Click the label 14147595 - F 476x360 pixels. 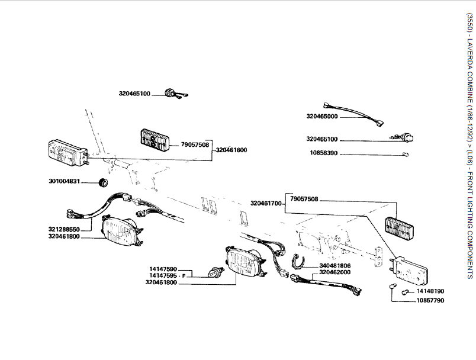[168, 275]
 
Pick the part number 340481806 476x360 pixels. [335, 266]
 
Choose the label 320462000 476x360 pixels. [335, 272]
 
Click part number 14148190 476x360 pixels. [430, 291]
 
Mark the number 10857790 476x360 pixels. [430, 300]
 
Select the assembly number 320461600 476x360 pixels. [231, 150]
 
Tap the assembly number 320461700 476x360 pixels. [266, 203]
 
